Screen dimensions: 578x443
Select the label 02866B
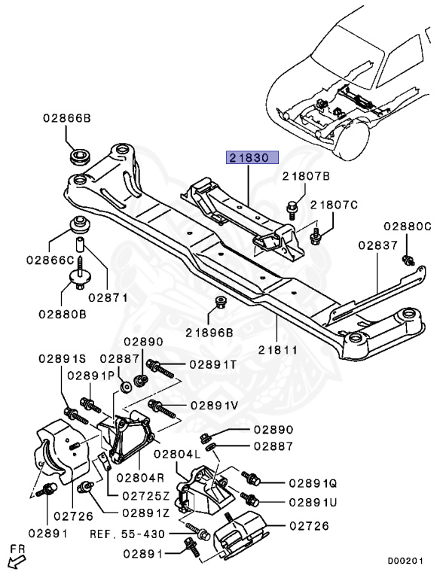tap(66, 118)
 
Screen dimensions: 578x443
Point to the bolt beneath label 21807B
tap(293, 204)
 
